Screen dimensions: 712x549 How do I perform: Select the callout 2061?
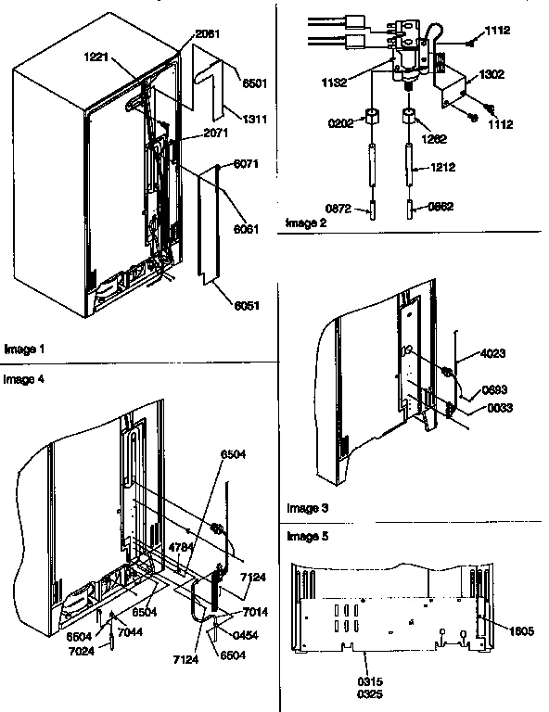click(x=210, y=34)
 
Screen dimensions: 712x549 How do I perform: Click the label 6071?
click(x=245, y=165)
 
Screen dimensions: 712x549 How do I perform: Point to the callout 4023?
click(x=493, y=352)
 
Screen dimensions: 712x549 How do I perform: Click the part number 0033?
click(x=496, y=408)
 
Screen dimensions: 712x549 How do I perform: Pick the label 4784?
click(x=180, y=548)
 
